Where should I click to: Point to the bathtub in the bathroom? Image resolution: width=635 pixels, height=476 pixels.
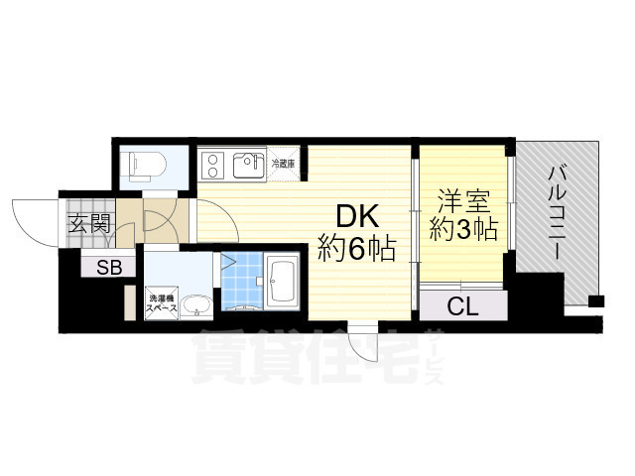point(282,284)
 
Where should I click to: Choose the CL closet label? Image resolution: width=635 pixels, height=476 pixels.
point(462,306)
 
